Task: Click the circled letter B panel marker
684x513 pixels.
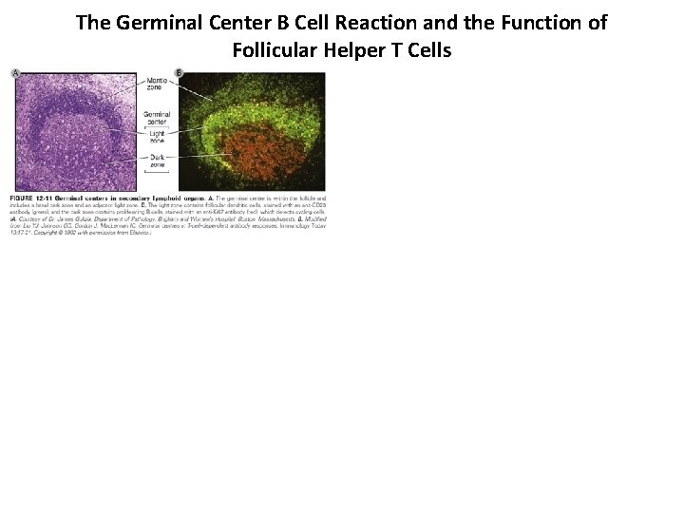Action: pyautogui.click(x=180, y=73)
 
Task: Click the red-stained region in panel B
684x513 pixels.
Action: pyautogui.click(x=256, y=151)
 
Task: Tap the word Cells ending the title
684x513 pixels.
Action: pyautogui.click(x=430, y=49)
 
